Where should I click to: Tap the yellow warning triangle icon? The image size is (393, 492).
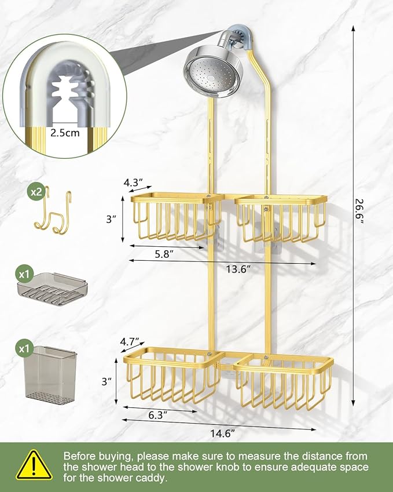coord(34,465)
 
